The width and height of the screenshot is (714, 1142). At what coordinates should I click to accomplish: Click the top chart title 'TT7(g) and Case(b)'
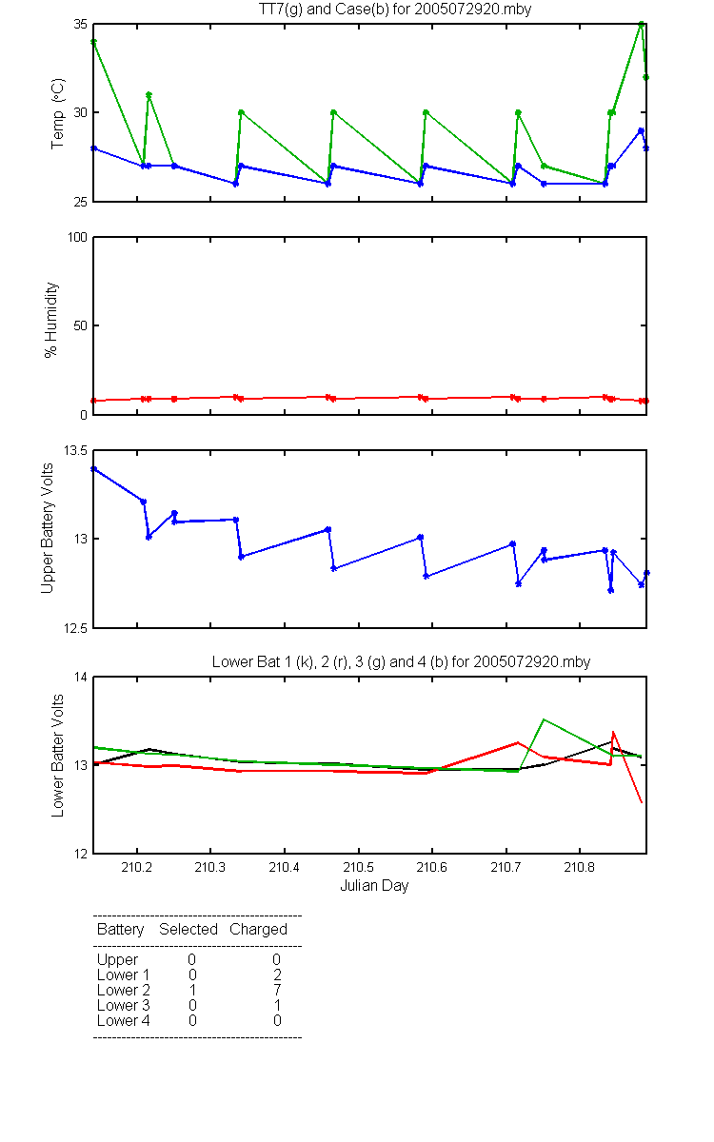324,10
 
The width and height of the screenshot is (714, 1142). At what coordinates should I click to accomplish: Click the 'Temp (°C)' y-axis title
57,113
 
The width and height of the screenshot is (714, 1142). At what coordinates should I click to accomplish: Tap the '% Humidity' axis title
51,320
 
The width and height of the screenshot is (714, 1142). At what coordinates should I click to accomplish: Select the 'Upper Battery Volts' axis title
47,528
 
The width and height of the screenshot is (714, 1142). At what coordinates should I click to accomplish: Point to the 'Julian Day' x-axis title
374,886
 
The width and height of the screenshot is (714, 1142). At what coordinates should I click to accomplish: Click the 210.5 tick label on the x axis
358,867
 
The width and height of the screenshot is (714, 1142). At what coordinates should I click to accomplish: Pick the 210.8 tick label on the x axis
580,867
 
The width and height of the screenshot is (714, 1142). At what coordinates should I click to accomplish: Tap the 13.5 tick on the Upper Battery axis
75,450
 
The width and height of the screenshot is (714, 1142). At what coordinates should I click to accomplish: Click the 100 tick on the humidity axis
77,237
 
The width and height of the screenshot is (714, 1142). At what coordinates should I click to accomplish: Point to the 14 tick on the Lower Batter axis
81,677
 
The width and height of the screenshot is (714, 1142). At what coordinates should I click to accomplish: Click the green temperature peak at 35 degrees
641,24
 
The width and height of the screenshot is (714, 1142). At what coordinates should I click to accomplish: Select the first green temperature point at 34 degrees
94,42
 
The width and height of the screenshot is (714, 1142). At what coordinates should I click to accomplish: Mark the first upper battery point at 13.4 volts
94,468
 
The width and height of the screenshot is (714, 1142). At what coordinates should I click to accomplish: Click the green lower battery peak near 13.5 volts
544,719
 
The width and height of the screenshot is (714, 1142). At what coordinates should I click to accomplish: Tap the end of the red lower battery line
642,803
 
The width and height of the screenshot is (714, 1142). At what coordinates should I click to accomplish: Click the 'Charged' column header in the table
258,930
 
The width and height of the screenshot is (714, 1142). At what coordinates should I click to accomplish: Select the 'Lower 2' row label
124,990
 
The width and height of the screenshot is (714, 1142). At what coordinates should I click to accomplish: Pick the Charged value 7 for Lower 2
277,990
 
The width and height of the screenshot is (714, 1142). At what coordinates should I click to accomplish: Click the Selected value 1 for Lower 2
192,990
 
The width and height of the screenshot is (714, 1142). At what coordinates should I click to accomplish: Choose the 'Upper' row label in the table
117,960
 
